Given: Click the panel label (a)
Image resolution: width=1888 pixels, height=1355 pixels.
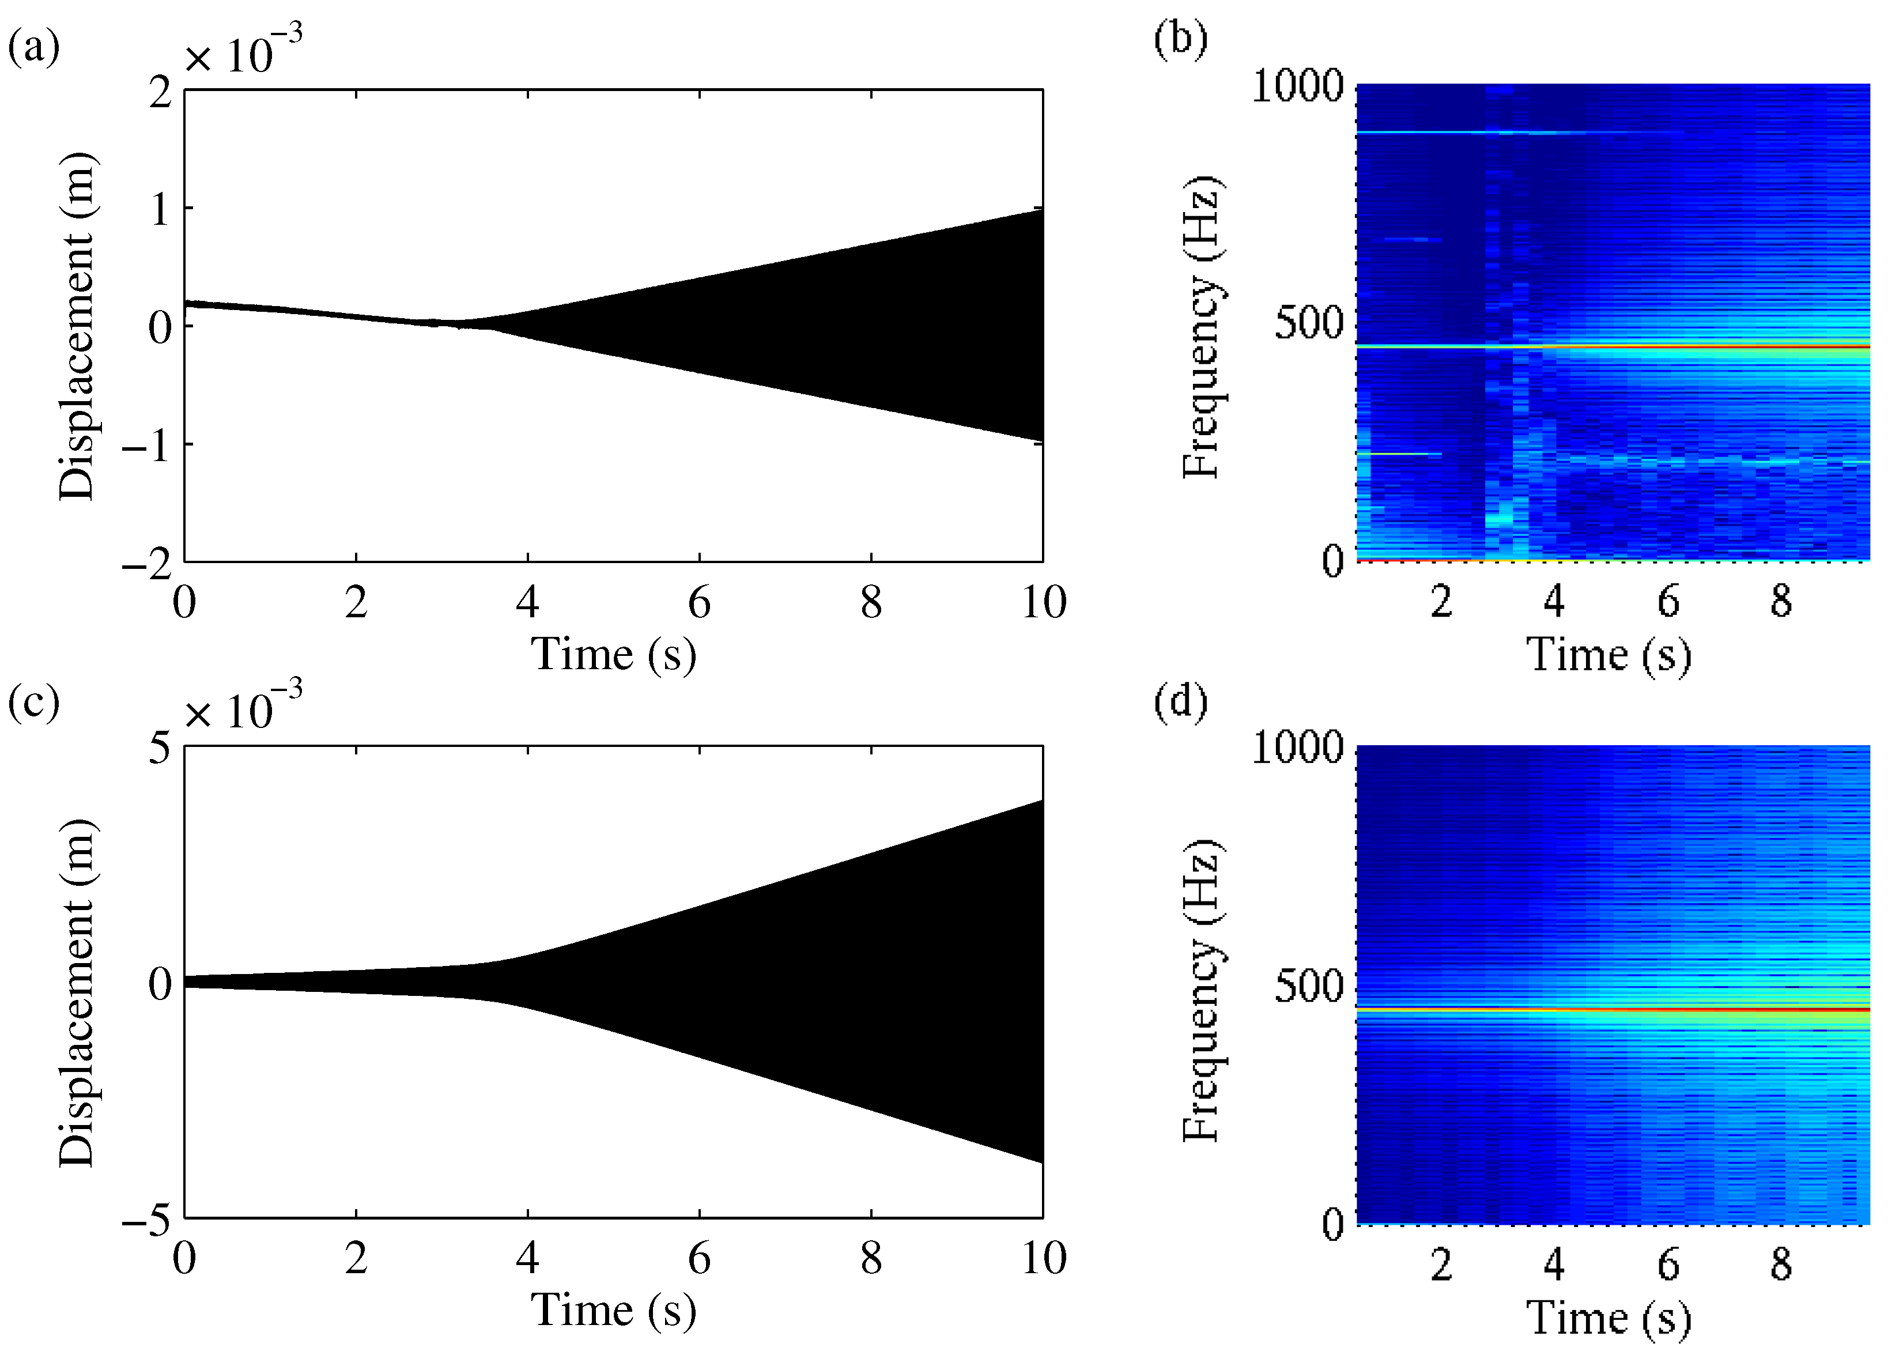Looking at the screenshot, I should coord(34,47).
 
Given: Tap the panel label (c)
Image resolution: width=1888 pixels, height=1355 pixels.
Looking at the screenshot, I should coord(34,703).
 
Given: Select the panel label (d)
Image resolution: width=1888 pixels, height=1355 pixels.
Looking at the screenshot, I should coord(1180,701).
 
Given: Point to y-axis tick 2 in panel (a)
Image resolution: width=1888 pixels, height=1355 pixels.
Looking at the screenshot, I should coord(160,92).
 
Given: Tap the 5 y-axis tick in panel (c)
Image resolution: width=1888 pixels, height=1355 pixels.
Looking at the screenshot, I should coord(160,748).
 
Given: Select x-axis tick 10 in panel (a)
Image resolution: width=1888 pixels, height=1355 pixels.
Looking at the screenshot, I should coord(1044,602).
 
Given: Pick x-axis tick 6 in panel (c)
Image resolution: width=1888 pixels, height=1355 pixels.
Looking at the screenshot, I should coord(699,1258).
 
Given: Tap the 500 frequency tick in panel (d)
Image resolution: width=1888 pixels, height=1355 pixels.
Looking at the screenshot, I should coord(1309,986).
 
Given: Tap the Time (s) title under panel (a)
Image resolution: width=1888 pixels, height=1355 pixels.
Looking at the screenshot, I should coord(614,654).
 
